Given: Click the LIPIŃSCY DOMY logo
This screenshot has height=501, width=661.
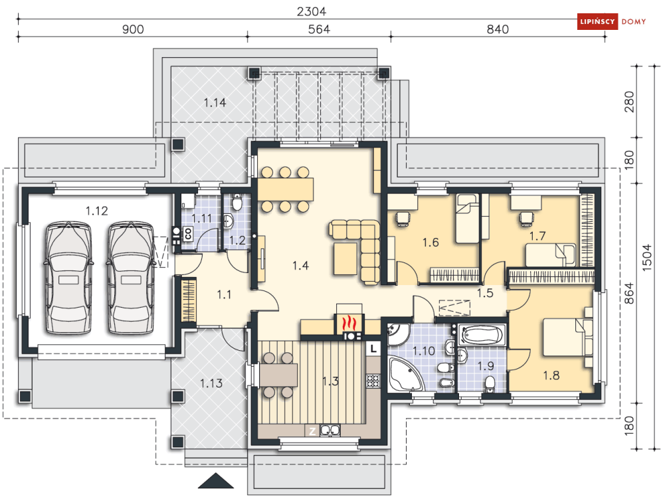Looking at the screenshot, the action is coord(611,21).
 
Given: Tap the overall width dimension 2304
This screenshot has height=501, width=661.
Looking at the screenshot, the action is coord(311,12).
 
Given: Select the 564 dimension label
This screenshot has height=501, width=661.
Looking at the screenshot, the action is coord(319,29).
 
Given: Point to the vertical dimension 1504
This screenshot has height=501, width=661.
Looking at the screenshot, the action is coord(646,258).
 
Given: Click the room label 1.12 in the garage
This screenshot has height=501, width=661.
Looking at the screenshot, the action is coord(96,211).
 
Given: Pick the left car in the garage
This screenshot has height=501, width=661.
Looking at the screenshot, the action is coord(68,278).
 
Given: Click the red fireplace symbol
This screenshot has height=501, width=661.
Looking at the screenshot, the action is coord(349,324).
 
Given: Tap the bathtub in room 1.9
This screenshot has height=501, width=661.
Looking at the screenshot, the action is coord(482,336).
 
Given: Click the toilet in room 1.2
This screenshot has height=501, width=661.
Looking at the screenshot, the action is coord(237,202).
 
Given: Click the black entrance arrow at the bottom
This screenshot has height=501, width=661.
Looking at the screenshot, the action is coord(215,481).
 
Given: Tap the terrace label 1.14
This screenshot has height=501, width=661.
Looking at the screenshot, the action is coord(215,102).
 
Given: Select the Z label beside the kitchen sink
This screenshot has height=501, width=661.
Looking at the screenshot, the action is coord(312,431).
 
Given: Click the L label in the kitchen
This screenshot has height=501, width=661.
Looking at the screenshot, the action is coord(373,348).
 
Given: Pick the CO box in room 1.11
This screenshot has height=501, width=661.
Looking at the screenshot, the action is coord(188,234).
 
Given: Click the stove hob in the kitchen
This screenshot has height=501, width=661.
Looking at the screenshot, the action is coord(373,381).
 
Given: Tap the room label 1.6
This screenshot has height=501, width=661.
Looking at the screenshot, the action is coord(430,243).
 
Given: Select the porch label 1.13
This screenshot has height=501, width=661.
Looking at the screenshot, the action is coord(211,383).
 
